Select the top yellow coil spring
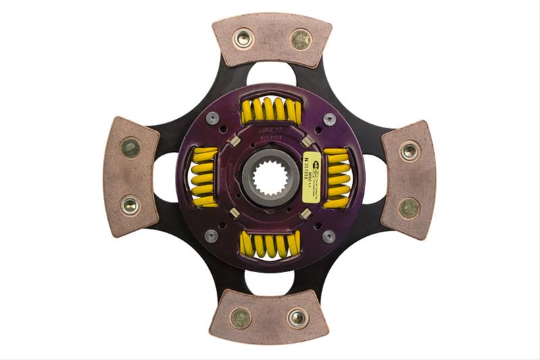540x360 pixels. point(271,109)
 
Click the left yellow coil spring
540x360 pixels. point(202,177)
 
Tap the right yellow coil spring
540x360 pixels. point(337,178)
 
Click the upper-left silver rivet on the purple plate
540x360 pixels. point(211,119)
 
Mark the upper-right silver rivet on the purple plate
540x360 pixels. point(329,119)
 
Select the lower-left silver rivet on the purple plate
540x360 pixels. point(211,236)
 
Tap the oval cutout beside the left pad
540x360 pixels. point(166,178)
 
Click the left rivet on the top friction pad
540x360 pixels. point(243,38)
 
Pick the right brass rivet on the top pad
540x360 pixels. point(301,39)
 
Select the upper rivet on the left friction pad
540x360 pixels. point(130,147)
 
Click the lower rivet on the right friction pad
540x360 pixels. point(409,208)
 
